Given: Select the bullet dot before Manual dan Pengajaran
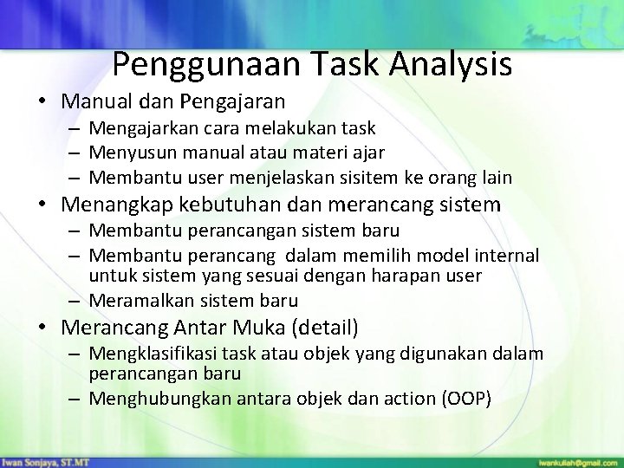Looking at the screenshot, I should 43,101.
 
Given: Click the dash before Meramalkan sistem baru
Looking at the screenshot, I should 76,302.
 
